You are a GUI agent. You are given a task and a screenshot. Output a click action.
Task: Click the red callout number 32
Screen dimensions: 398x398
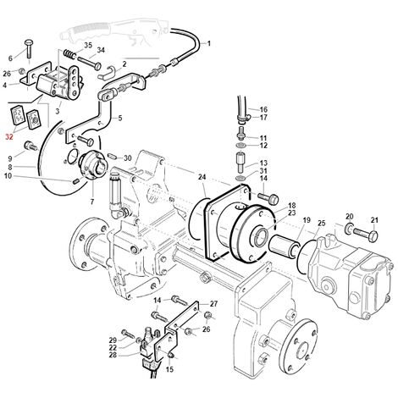pos(9,137)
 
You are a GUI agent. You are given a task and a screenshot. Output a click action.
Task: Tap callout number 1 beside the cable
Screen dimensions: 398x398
pos(209,43)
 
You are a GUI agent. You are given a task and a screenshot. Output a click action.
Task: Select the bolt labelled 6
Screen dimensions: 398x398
pos(29,49)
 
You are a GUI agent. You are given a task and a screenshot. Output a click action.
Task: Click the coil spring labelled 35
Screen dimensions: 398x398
pos(69,53)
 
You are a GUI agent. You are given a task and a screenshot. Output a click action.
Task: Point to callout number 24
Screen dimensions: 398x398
pos(202,177)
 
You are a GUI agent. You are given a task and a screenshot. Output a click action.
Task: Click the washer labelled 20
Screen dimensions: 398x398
pos(349,228)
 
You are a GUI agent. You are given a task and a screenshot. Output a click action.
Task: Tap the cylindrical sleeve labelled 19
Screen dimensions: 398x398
pos(284,245)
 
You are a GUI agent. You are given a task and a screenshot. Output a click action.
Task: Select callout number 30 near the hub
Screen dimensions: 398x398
pos(128,158)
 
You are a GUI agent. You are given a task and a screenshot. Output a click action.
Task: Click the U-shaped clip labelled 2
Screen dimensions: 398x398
pos(106,72)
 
